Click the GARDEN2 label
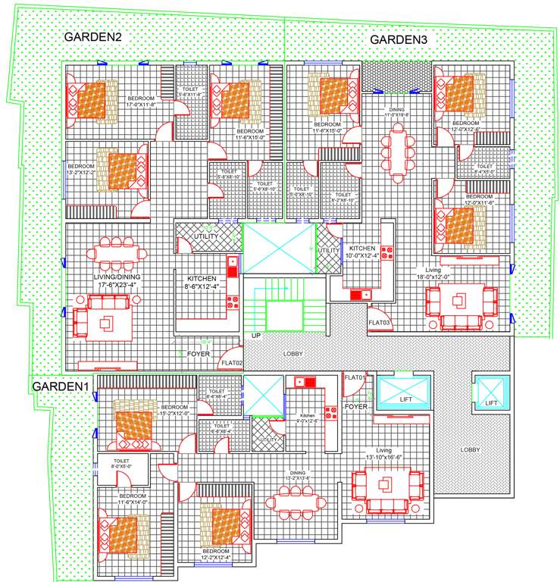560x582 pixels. pos(93,36)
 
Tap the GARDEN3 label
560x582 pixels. pos(400,39)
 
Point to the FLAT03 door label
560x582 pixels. pos(379,324)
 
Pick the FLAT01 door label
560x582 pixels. pos(355,377)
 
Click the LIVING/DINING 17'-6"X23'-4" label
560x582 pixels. pos(117,282)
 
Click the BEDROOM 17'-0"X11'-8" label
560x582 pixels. pos(141,102)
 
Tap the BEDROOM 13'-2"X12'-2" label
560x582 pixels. pos(81,169)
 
